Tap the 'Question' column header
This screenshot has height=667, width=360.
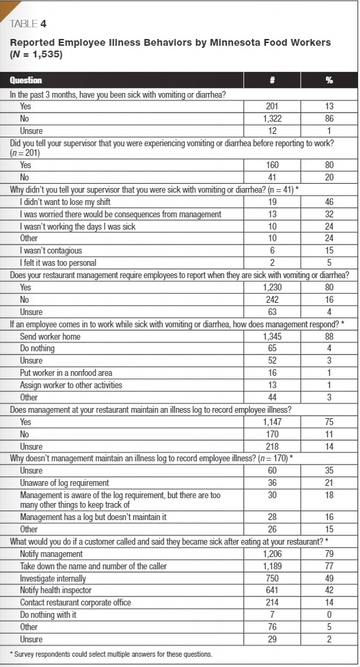(26, 80)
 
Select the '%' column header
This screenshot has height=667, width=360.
(329, 80)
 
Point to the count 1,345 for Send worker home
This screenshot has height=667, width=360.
(272, 337)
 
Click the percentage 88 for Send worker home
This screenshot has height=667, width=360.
(329, 337)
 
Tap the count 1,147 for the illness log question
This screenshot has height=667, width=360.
(272, 422)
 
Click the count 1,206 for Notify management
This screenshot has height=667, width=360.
(272, 554)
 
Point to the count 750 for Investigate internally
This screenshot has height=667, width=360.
(272, 578)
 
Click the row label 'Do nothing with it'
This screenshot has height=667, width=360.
(50, 614)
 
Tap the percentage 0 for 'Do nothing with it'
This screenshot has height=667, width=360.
(329, 614)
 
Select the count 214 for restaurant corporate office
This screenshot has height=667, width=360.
(272, 602)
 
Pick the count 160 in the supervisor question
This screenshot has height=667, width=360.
(272, 165)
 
